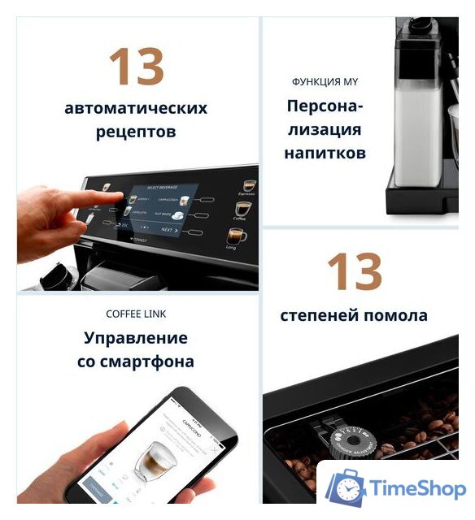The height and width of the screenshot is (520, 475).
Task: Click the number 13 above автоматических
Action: [136, 66]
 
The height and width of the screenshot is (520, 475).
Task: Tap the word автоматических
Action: [136, 108]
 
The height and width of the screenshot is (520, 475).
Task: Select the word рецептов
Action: [136, 132]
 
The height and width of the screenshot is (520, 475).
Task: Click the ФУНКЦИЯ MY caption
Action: [325, 82]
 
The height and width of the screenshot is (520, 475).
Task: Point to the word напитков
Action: [325, 152]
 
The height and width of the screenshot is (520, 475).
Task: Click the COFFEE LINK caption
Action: [136, 314]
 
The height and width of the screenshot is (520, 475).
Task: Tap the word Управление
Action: [136, 338]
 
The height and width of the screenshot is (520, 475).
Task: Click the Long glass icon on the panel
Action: [237, 236]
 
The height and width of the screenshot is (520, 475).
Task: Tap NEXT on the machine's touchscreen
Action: [168, 230]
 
